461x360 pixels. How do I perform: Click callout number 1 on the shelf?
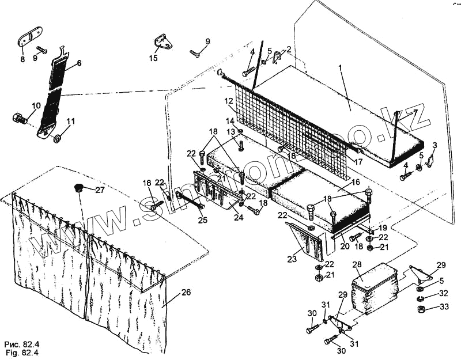click(340, 68)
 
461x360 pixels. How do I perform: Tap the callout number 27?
click(100, 190)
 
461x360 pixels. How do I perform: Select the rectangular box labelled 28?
click(375, 288)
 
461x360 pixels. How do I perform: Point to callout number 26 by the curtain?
click(186, 292)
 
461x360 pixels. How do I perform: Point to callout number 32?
click(443, 293)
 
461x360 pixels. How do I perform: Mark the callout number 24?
click(239, 217)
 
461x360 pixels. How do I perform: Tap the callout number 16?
click(356, 182)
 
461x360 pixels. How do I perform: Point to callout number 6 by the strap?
click(79, 62)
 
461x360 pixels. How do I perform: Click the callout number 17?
click(358, 162)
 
